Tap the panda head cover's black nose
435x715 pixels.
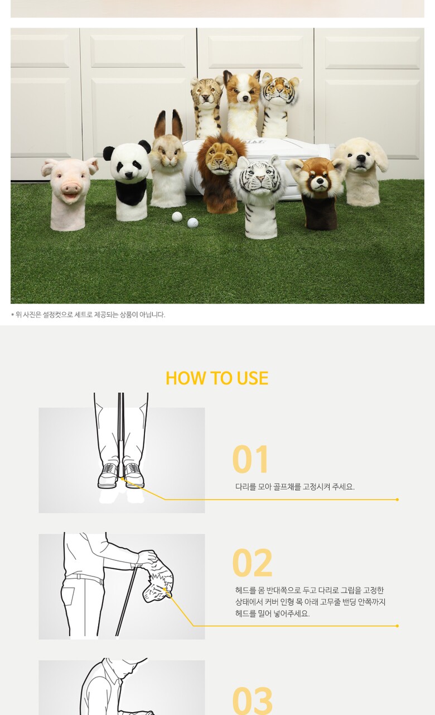coord(129,175)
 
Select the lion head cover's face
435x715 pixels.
coord(219,159)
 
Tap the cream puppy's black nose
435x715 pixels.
coord(361,158)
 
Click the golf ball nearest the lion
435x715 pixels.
coord(177,217)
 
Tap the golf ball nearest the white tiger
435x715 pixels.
coord(192,222)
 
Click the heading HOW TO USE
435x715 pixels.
coord(217,378)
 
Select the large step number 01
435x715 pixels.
coord(250,459)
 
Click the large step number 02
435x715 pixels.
coord(253,563)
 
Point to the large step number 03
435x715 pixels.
coord(253,700)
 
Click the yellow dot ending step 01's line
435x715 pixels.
coord(397,499)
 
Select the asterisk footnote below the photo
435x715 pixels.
coord(88,314)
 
